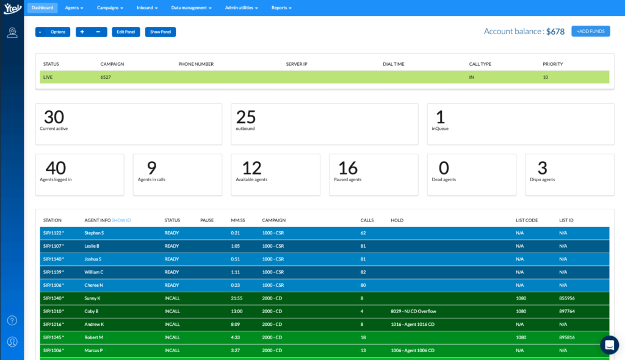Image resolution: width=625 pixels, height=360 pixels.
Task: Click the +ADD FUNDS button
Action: pos(590,31)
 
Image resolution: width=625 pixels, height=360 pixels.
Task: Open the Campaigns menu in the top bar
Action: pos(110,8)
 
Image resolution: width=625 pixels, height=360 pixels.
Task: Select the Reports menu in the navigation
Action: pos(281,8)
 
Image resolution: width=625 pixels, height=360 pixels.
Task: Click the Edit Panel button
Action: pos(126,32)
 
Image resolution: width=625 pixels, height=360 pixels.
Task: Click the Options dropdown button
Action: pos(52,32)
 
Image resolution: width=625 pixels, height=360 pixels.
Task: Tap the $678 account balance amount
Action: pos(555,31)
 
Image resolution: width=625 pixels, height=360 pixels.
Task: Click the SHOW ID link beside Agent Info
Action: pos(121,220)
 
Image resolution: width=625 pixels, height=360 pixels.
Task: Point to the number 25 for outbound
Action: pos(246,117)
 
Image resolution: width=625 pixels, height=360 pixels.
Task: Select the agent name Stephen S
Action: pos(94,233)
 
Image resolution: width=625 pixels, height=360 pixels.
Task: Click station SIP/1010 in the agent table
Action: pos(53,311)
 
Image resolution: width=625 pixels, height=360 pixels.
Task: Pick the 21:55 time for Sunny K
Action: pos(237,298)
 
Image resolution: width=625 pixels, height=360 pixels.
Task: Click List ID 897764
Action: pos(567,311)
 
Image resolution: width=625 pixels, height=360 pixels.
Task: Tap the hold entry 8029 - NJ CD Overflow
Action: pos(413,311)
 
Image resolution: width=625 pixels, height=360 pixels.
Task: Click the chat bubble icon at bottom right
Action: pos(609,345)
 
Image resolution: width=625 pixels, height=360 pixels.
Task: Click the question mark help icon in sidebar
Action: pos(12,320)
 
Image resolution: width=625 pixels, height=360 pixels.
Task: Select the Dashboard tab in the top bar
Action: pos(43,8)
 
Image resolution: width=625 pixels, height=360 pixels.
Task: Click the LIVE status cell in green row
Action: pos(48,77)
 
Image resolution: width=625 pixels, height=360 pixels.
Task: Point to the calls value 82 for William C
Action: pos(363,272)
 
